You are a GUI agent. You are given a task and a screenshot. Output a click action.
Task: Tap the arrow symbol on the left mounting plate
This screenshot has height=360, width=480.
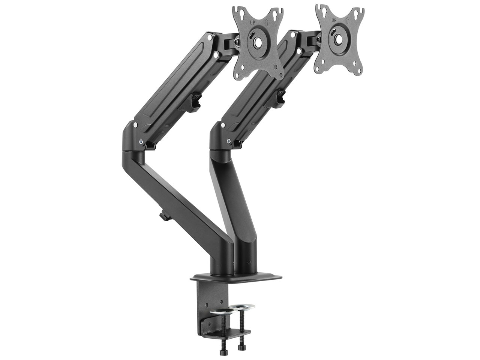point(266,21)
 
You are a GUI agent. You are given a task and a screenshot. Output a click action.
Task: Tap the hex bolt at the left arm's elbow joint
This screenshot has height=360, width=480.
point(141,142)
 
